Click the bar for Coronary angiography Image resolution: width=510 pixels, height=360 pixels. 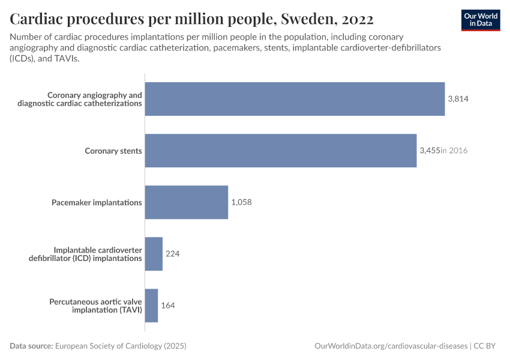[x=295, y=99]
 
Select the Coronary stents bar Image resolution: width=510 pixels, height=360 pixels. [x=280, y=151]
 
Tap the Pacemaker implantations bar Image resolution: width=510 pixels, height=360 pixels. [x=186, y=202]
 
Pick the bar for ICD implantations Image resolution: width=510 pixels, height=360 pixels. [x=154, y=254]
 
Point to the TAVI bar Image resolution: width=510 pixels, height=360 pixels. [x=151, y=305]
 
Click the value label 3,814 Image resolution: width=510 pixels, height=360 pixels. [x=458, y=99]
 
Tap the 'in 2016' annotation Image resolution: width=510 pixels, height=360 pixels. [x=454, y=151]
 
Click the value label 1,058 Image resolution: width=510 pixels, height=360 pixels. [x=241, y=202]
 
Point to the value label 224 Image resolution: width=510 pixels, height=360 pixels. [x=173, y=254]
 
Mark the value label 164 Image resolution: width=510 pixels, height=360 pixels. [x=168, y=305]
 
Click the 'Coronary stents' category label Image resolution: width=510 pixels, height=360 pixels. [x=113, y=151]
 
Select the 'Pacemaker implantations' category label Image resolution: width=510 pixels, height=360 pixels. [x=97, y=202]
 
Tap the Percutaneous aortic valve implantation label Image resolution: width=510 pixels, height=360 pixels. [x=95, y=305]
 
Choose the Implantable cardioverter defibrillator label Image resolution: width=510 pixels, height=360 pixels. [x=98, y=254]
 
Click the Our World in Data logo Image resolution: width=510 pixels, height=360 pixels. [x=481, y=20]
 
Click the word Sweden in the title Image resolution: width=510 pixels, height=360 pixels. [x=305, y=19]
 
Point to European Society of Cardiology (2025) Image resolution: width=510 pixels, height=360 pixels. [x=120, y=346]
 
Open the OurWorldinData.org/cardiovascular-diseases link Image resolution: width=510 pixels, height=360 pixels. [x=391, y=346]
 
